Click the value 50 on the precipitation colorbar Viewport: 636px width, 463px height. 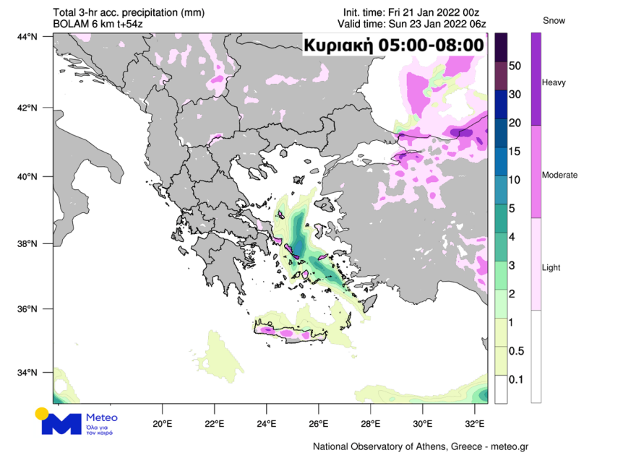[515, 66]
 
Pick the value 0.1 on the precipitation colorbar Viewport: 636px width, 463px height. [515, 379]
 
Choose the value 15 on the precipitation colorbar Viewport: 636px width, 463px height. [515, 152]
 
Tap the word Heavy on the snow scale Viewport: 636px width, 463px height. [554, 83]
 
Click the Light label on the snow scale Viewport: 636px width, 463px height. [551, 268]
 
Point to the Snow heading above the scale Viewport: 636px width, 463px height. [554, 21]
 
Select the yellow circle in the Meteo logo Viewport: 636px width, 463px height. [42, 413]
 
